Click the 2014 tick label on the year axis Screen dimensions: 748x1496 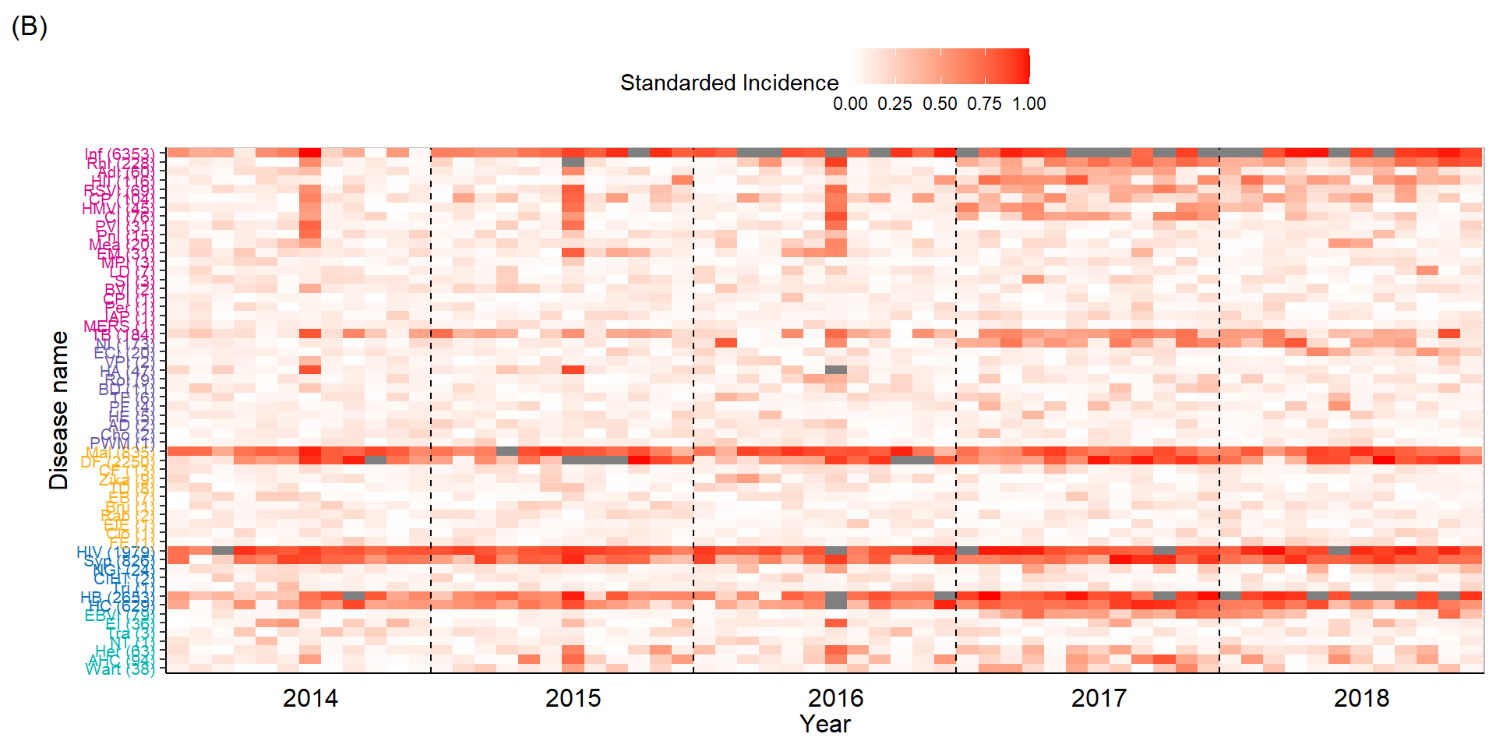310,698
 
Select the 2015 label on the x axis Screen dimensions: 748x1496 573,698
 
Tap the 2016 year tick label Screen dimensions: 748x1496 835,698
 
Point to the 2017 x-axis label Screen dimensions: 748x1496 1099,698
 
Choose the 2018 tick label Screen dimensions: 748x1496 1361,698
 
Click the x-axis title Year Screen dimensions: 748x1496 825,724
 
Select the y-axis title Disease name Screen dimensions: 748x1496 59,411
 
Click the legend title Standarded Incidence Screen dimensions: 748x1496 729,83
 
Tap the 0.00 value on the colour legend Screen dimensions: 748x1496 850,104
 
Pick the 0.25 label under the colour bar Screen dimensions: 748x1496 894,104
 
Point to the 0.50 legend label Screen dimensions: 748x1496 940,104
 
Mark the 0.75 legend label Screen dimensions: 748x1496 984,104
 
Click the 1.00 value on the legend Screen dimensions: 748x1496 1029,104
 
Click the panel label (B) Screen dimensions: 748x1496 30,27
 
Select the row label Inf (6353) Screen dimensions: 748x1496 119,153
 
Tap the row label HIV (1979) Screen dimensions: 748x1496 115,552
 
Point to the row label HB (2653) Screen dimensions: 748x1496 117,598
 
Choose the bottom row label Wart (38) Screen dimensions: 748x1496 120,669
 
